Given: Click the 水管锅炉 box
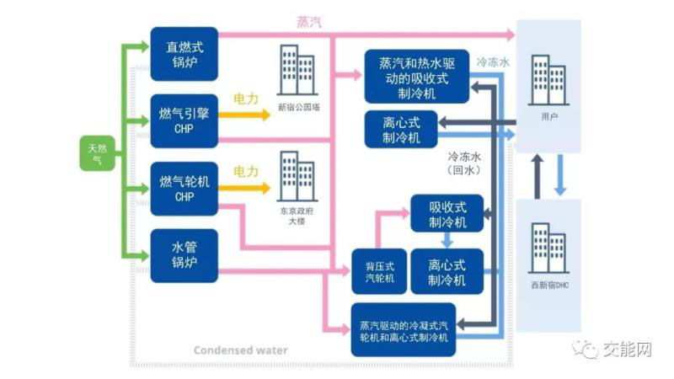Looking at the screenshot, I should (x=184, y=254).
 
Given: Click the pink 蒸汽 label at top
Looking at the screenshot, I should (x=309, y=23).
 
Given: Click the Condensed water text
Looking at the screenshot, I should (x=240, y=350).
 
